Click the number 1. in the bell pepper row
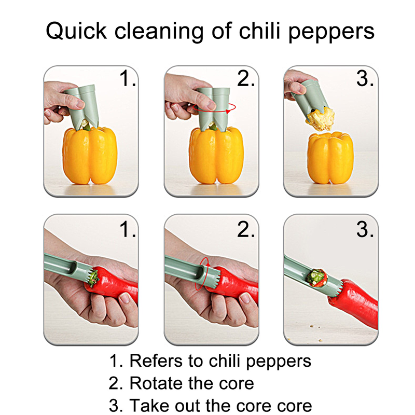127,79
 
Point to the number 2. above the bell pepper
246,79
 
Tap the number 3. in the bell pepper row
365,79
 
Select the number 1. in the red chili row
127,229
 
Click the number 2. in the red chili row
246,229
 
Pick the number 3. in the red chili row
365,229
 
